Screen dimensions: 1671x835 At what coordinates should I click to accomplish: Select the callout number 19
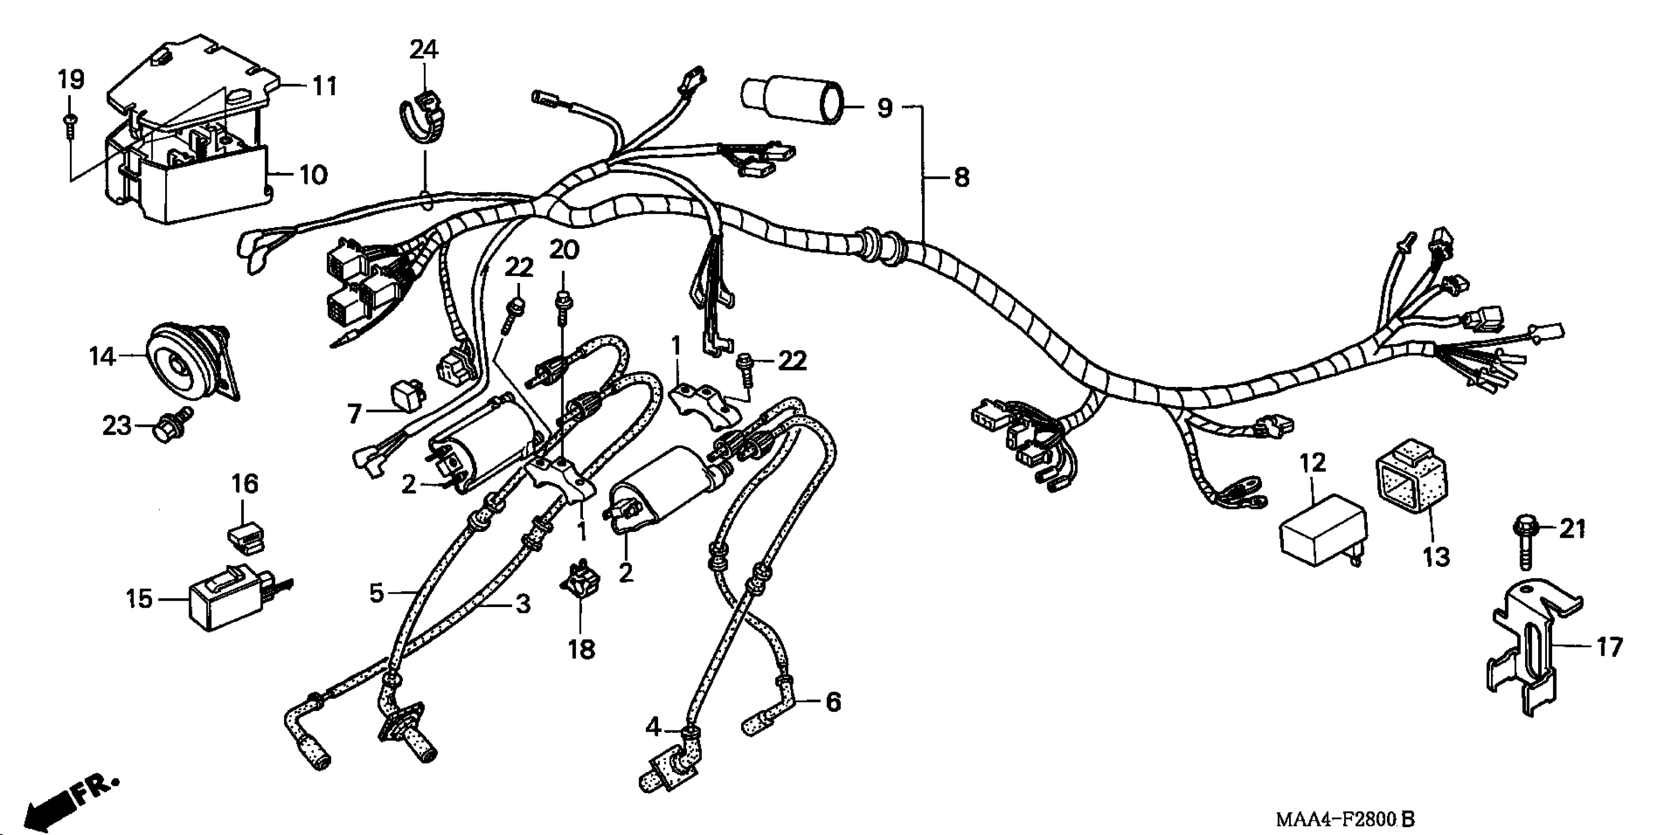[x=71, y=80]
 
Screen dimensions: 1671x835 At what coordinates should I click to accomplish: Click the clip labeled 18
[x=579, y=582]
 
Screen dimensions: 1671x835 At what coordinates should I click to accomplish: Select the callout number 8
[x=961, y=176]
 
